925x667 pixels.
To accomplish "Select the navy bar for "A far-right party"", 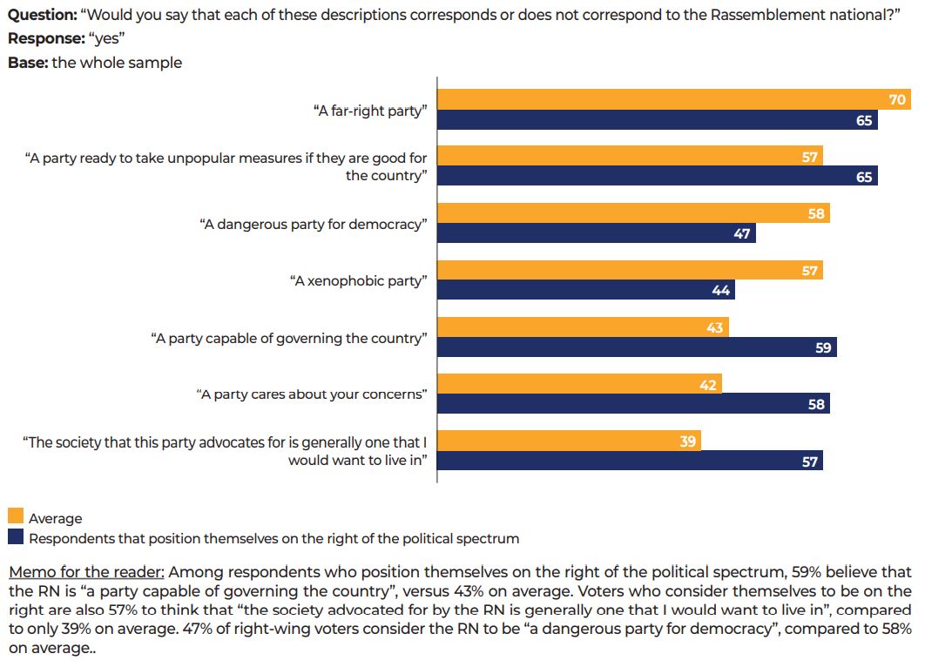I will [658, 120].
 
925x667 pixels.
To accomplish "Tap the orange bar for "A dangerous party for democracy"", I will [633, 213].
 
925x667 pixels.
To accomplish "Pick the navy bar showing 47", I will [597, 233].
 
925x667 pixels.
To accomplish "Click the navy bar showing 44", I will [586, 290].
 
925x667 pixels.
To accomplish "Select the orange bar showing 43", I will [583, 327].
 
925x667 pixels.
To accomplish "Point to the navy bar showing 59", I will [637, 347].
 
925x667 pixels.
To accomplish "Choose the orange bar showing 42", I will [579, 384].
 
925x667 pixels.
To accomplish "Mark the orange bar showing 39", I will [569, 441].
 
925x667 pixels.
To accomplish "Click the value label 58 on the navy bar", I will [816, 405].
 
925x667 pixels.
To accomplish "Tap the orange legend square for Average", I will [16, 518].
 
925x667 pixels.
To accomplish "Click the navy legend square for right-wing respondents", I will [16, 538].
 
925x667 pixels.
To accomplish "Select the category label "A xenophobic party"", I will [358, 281].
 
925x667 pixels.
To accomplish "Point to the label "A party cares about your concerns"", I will [312, 394].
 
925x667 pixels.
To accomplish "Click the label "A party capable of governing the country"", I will [289, 338].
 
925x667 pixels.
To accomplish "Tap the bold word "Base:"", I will [28, 63].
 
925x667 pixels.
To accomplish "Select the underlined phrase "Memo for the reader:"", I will [85, 573].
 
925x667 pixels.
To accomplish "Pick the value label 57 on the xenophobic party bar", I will [810, 271].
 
